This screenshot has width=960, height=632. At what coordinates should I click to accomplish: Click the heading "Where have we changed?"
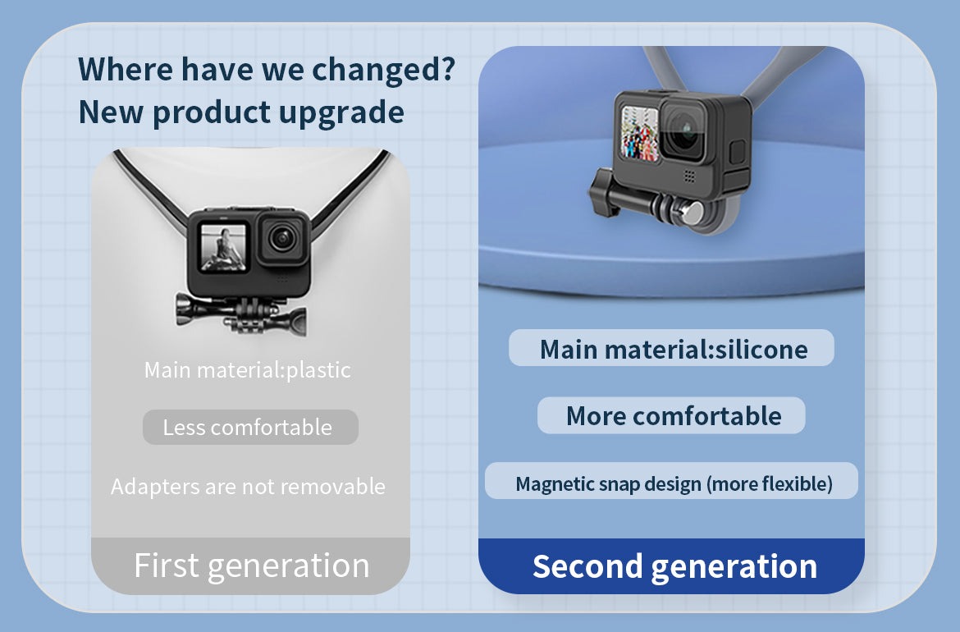267,69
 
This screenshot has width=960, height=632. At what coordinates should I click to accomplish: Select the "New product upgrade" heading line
241,112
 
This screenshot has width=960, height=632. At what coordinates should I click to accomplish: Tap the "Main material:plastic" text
247,370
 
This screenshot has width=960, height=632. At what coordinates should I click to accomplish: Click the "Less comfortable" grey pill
250,427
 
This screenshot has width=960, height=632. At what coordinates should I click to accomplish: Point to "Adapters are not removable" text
248,486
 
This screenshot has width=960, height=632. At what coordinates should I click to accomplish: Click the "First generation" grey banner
250,566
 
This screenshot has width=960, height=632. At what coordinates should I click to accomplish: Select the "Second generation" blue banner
672,566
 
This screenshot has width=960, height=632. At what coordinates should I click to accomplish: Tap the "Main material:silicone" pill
672,348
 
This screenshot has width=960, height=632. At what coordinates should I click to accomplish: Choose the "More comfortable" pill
672,415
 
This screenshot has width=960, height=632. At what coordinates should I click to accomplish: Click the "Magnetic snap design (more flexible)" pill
672,481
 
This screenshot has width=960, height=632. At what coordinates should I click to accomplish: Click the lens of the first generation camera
282,237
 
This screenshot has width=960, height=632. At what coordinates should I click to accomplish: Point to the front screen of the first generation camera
223,247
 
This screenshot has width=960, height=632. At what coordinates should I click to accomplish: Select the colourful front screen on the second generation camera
640,134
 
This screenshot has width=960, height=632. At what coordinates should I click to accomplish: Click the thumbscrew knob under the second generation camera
606,195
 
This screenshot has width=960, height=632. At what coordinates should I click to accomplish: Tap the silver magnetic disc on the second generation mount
692,213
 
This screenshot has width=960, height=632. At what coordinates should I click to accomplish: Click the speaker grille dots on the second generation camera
689,176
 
